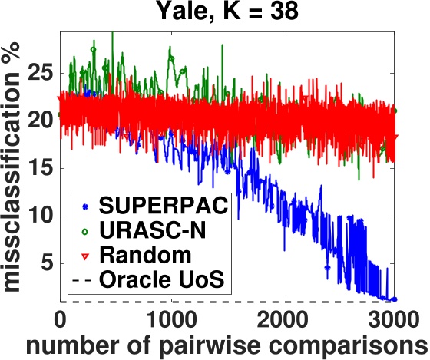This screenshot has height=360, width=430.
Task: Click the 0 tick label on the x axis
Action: click(60, 318)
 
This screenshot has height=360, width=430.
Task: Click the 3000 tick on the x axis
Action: click(392, 318)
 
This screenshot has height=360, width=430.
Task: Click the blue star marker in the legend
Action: click(83, 206)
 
